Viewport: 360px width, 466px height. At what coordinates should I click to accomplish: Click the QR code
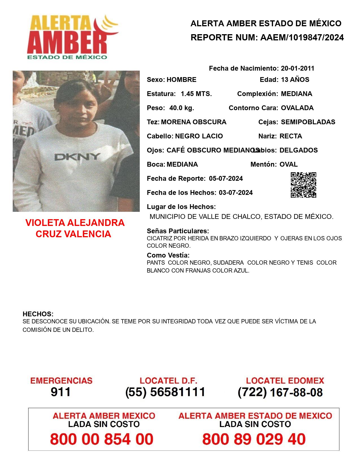[x=304, y=185]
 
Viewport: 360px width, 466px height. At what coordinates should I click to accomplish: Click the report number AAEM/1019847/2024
[x=302, y=38]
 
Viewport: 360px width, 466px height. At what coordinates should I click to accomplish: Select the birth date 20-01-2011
[x=298, y=68]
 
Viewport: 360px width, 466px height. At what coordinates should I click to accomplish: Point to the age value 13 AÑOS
[x=295, y=80]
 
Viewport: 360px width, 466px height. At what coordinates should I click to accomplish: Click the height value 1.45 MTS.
[x=196, y=94]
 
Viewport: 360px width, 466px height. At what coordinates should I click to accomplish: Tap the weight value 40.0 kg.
[x=182, y=108]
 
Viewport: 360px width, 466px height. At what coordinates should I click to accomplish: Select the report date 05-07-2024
[x=226, y=178]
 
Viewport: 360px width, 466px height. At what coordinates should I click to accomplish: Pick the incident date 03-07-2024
[x=236, y=193]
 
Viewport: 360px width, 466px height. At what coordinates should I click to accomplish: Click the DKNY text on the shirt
[x=77, y=157]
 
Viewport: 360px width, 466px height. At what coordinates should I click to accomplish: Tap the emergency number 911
[x=61, y=392]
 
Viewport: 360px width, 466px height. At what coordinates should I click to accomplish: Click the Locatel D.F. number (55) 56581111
[x=165, y=392]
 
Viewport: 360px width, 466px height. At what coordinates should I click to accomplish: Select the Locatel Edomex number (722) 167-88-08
[x=280, y=392]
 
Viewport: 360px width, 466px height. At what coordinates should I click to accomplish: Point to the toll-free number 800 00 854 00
[x=102, y=439]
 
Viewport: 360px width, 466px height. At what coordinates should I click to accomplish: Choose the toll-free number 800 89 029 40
[x=254, y=439]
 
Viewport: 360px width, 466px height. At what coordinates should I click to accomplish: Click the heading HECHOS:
[x=38, y=314]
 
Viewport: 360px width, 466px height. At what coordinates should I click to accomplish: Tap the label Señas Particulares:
[x=178, y=231]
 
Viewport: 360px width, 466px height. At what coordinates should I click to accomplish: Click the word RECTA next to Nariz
[x=291, y=136]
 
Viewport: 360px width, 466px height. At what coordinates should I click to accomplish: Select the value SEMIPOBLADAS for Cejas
[x=308, y=122]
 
